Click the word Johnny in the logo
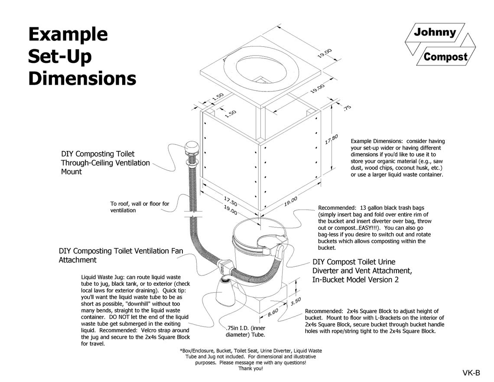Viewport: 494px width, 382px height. point(435,33)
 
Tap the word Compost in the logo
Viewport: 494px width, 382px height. point(445,57)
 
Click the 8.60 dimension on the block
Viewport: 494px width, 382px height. point(273,312)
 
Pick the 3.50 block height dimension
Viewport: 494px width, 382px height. point(296,301)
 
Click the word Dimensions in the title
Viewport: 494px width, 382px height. point(82,79)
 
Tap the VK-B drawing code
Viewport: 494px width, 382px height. point(471,372)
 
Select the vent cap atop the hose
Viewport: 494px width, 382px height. point(192,150)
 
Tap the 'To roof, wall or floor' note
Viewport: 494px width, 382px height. point(140,207)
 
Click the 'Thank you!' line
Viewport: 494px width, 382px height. point(250,369)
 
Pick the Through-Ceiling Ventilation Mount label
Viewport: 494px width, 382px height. point(105,163)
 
